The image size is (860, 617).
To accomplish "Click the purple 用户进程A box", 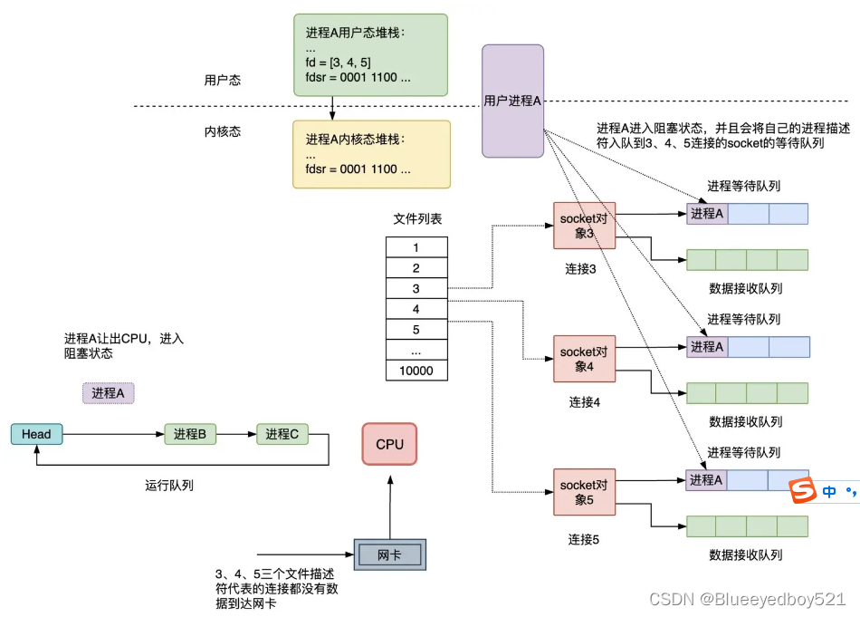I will (x=512, y=101).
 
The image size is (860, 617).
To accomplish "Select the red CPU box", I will (x=389, y=445).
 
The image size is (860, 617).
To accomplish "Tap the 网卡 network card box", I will (x=388, y=554).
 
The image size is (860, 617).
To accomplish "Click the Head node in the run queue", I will (x=36, y=434).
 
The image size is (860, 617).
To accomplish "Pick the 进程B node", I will (x=191, y=434).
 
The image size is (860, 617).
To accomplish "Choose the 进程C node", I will (x=282, y=434).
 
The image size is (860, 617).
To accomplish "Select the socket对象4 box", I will (x=584, y=359).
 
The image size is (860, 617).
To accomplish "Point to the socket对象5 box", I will (x=584, y=492).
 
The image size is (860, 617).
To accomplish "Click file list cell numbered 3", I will (x=416, y=289).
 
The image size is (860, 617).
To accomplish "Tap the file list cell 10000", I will (x=416, y=371).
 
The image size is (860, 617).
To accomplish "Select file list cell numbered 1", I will (x=416, y=247).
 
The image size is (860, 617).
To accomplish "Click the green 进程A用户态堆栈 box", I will (x=370, y=54).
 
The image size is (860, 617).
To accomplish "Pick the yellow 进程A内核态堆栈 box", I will (x=370, y=154).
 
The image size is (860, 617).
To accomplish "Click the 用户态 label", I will (x=222, y=81).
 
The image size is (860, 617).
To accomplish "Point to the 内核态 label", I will (x=222, y=131).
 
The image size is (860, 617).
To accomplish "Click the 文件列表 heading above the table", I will (x=417, y=219).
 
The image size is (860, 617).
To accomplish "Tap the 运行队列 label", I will (x=169, y=485).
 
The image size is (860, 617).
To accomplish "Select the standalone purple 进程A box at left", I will (x=109, y=392).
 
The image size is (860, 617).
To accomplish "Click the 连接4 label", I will (x=584, y=401).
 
